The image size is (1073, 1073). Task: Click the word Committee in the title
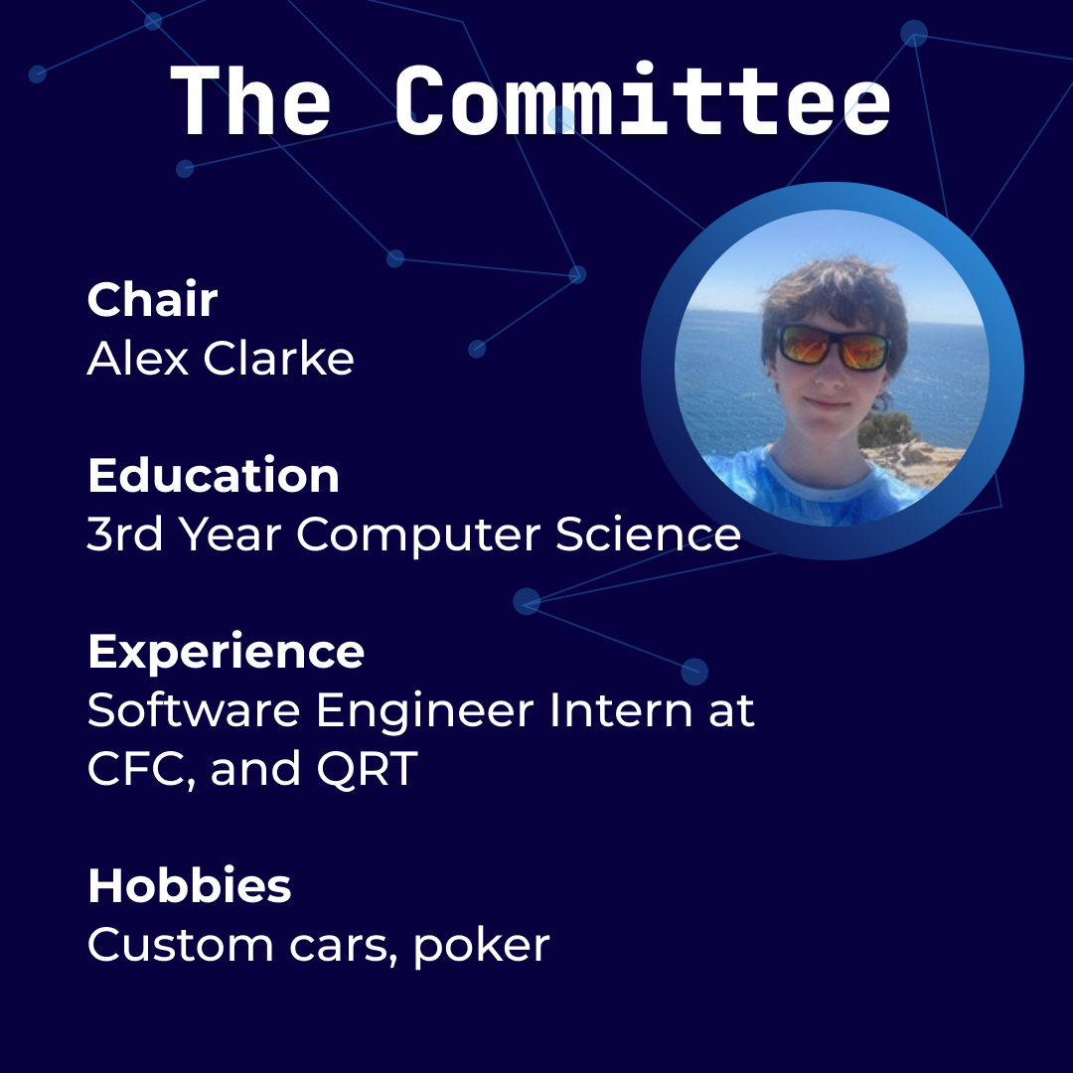pos(643,100)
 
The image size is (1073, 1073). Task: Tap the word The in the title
pos(249,100)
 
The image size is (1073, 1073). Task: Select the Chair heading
pos(153,299)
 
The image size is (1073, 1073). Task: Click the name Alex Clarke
pos(221,358)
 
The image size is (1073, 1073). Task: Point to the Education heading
pos(214,475)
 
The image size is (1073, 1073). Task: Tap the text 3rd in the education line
pos(125,534)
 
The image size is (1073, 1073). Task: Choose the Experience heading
pos(226,652)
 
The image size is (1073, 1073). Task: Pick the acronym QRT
pos(367,768)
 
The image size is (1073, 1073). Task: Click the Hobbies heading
pos(190,885)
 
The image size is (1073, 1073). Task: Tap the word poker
pos(482,947)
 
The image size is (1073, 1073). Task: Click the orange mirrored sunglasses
pos(835,348)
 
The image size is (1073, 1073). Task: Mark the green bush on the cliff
pos(887,430)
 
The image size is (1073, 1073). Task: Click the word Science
pos(648,534)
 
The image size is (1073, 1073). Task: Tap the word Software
pos(194,709)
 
